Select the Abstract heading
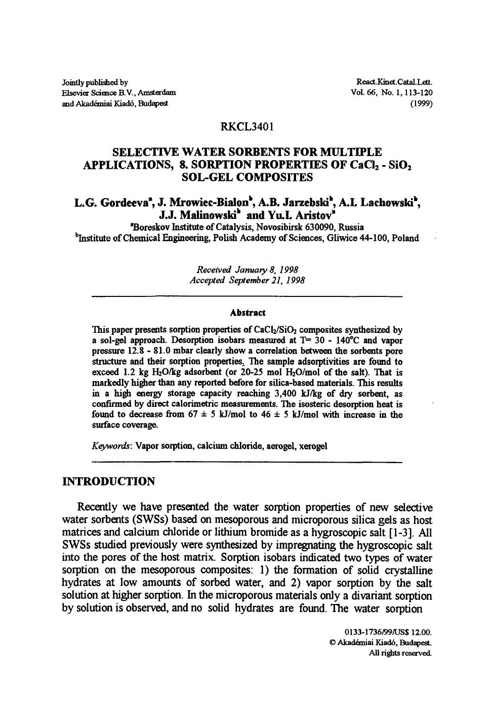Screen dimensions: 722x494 point(247,313)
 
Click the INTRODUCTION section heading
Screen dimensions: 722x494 point(108,481)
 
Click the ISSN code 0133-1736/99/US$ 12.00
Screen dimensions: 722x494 point(388,632)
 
